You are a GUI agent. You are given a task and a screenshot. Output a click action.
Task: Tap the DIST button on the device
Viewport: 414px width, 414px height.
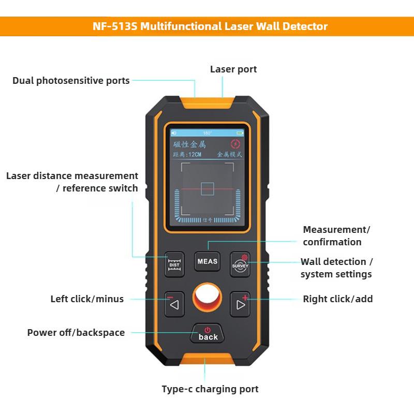click(174, 262)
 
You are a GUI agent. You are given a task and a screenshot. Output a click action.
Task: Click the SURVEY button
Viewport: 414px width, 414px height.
click(240, 262)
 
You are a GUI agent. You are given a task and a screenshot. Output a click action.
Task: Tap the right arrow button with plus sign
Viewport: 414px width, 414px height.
click(240, 304)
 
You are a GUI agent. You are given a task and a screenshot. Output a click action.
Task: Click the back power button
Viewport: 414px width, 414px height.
click(208, 334)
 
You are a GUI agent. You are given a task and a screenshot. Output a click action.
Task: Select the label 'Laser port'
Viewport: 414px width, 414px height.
click(233, 69)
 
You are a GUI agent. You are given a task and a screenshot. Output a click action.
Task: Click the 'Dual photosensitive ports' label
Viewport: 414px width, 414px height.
click(71, 81)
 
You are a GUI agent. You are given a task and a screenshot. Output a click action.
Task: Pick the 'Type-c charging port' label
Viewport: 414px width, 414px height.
click(210, 389)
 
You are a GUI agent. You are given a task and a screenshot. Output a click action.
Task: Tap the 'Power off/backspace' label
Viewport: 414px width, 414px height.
click(76, 333)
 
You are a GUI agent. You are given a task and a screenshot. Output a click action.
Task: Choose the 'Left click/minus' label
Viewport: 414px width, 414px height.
click(87, 299)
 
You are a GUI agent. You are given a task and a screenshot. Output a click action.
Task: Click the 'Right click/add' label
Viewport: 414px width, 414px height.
click(337, 299)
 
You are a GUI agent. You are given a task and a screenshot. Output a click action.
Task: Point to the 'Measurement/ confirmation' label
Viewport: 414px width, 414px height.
click(336, 236)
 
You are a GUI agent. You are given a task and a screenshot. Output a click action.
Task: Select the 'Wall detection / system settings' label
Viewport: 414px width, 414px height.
click(336, 268)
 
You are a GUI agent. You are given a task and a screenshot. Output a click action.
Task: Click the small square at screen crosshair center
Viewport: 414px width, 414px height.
click(208, 188)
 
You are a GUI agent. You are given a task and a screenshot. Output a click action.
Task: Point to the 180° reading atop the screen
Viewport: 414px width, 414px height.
click(208, 133)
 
